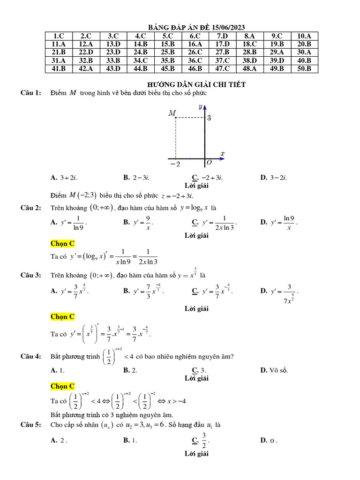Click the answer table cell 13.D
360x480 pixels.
pyautogui.click(x=113, y=44)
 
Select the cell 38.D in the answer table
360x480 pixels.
pyautogui.click(x=249, y=60)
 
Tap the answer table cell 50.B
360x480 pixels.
pyautogui.click(x=304, y=68)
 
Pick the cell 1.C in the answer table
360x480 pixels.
pyautogui.click(x=59, y=36)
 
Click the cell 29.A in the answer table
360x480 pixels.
pyautogui.click(x=277, y=52)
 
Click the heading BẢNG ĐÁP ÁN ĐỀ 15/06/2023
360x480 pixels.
pyautogui.click(x=196, y=28)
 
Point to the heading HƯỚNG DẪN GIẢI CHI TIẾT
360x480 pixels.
pyautogui.click(x=196, y=84)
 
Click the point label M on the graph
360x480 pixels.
pyautogui.click(x=172, y=113)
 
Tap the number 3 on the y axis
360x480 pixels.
pyautogui.click(x=209, y=118)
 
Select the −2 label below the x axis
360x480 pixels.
pyautogui.click(x=175, y=164)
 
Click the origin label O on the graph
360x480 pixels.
pyautogui.click(x=209, y=163)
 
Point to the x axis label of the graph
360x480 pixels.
pyautogui.click(x=222, y=153)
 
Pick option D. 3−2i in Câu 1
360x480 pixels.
pyautogui.click(x=273, y=178)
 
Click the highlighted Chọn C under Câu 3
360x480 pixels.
pyautogui.click(x=62, y=317)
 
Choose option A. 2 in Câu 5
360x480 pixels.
pyautogui.click(x=59, y=440)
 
